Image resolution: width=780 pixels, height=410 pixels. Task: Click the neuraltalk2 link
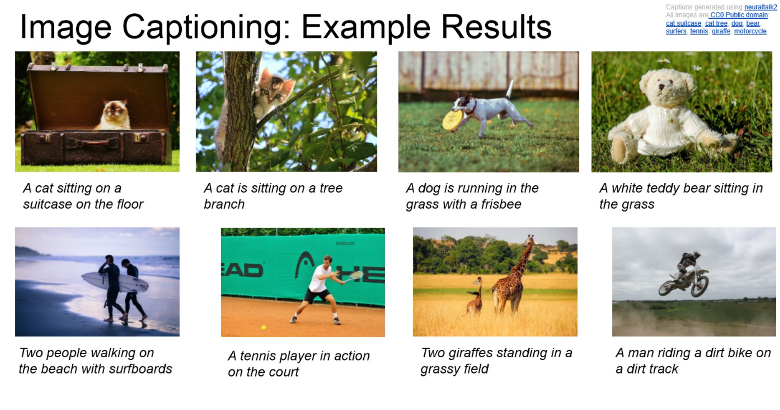tap(760, 7)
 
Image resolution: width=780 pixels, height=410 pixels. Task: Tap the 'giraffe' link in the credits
tap(721, 31)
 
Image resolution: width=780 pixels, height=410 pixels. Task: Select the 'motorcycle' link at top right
tap(750, 31)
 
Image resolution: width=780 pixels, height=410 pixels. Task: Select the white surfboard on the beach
tap(115, 282)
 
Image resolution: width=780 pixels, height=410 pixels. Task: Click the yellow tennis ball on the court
tap(263, 328)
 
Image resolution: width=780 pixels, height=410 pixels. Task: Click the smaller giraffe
tap(475, 297)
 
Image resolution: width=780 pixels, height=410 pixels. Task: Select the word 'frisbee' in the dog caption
tap(501, 204)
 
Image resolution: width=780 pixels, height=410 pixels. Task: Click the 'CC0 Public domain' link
tap(739, 15)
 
